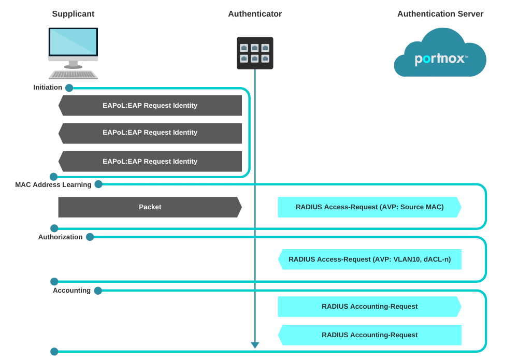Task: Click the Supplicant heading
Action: click(x=73, y=14)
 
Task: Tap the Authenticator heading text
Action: click(x=255, y=14)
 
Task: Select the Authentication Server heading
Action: click(x=440, y=14)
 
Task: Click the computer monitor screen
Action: click(x=73, y=42)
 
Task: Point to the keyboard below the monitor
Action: click(x=73, y=75)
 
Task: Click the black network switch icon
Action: click(x=255, y=53)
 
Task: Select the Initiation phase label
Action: click(x=48, y=88)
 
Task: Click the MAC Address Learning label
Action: click(x=53, y=185)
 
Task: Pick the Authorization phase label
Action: click(x=60, y=237)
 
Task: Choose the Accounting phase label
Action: click(x=71, y=291)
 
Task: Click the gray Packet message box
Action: click(x=150, y=207)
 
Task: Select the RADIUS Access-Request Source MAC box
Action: click(x=369, y=207)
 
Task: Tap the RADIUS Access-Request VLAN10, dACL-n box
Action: click(x=369, y=260)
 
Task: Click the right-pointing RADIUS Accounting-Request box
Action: click(x=369, y=307)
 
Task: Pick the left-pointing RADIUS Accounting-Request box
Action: click(x=369, y=335)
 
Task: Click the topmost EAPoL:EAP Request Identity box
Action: click(x=150, y=106)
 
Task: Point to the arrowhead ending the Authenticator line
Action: click(x=255, y=345)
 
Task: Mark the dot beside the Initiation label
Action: click(x=69, y=88)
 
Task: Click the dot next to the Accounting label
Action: click(x=98, y=291)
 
